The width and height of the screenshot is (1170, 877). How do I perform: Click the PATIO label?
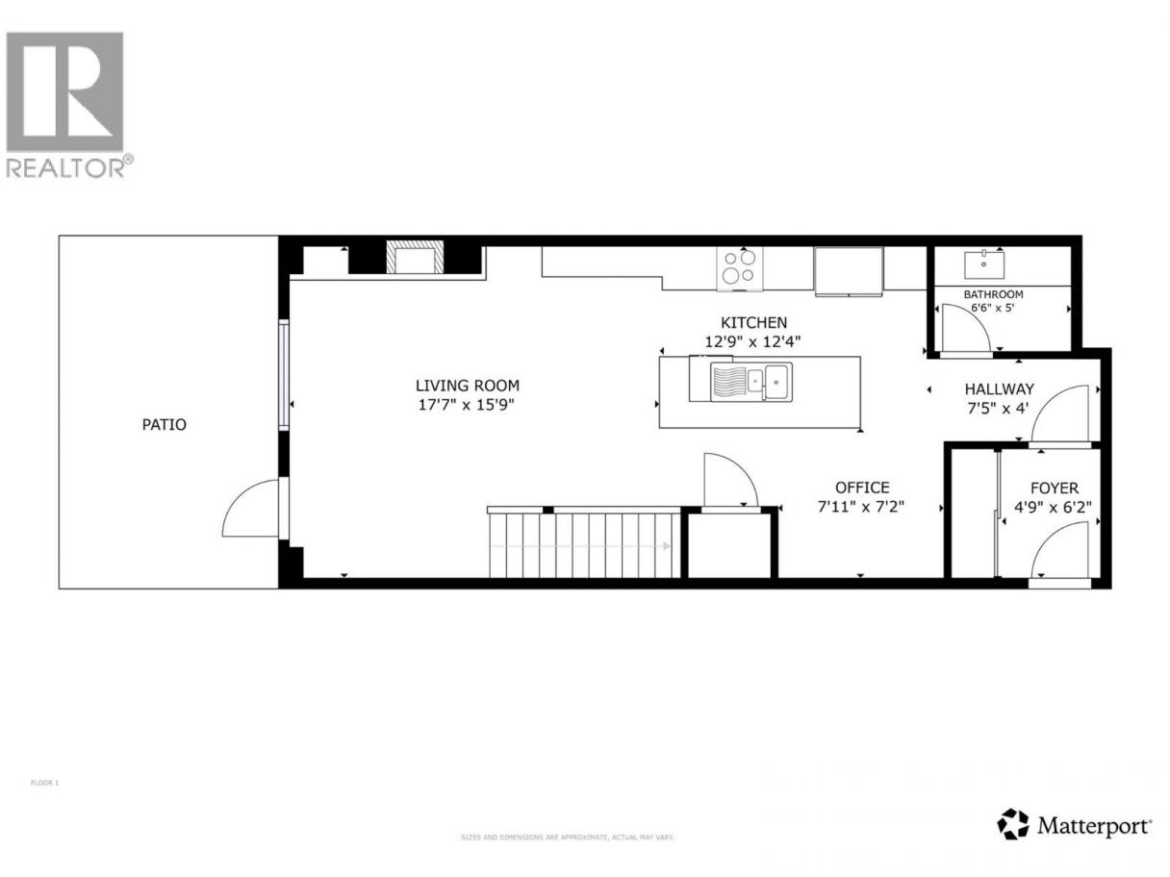pyautogui.click(x=164, y=424)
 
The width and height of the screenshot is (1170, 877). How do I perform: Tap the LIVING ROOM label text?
pyautogui.click(x=467, y=385)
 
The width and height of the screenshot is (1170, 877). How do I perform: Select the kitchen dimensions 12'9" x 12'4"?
pyautogui.click(x=752, y=341)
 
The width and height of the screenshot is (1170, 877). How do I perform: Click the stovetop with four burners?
pyautogui.click(x=739, y=269)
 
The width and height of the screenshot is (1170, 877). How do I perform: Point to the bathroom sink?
pyautogui.click(x=984, y=264)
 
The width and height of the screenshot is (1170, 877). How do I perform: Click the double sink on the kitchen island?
pyautogui.click(x=751, y=381)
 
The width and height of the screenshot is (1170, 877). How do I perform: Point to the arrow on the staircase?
pyautogui.click(x=580, y=546)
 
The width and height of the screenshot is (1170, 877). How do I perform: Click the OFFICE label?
pyautogui.click(x=862, y=488)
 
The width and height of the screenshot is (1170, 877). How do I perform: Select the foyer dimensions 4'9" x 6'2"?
pyautogui.click(x=1053, y=507)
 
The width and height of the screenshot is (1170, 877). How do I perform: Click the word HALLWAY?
pyautogui.click(x=999, y=388)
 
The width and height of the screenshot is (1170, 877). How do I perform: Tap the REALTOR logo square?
pyautogui.click(x=64, y=91)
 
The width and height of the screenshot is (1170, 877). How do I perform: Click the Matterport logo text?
pyautogui.click(x=1094, y=826)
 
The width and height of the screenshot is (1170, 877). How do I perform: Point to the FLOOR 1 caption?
pyautogui.click(x=45, y=783)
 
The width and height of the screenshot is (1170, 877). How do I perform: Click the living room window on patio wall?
pyautogui.click(x=284, y=375)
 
